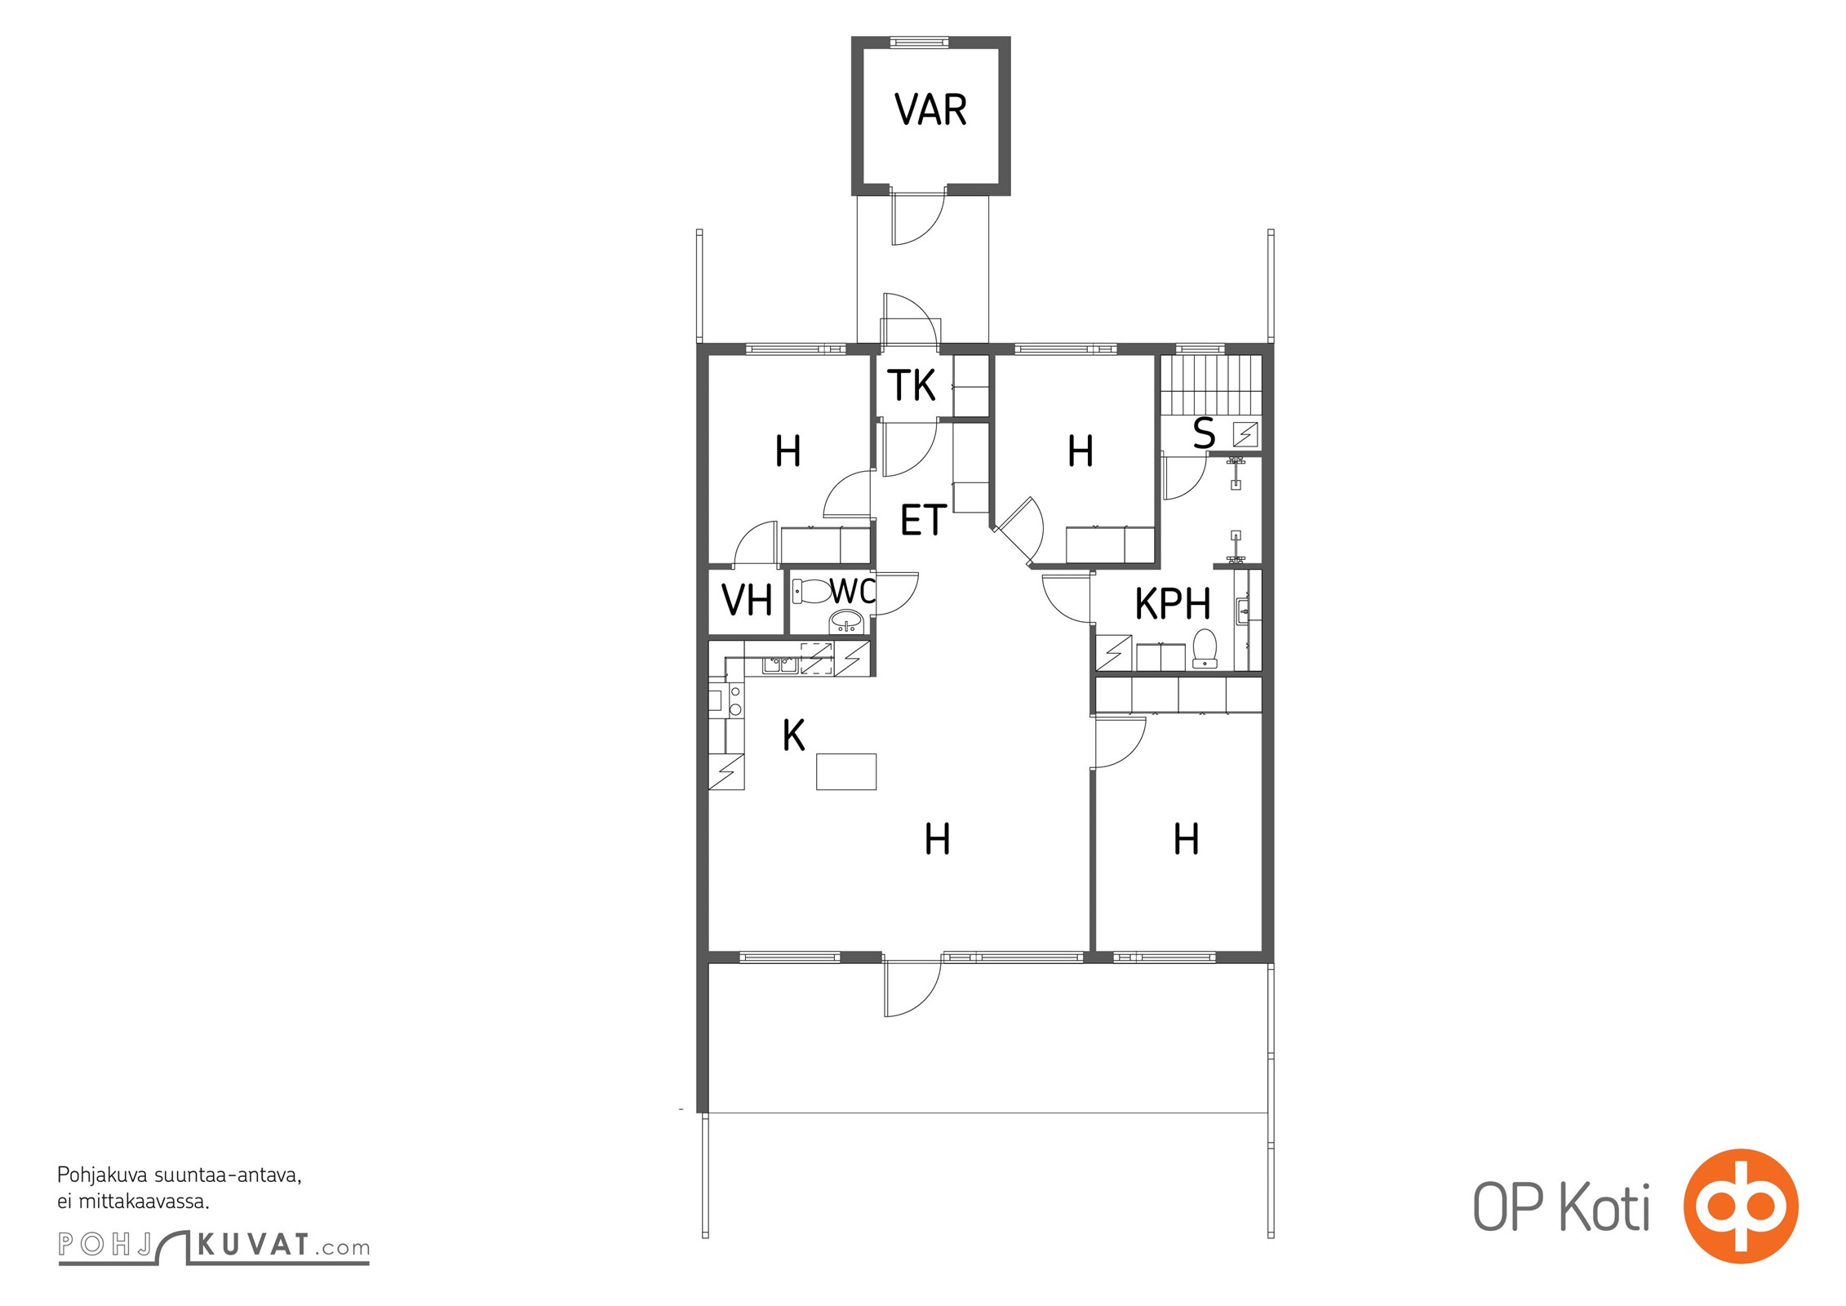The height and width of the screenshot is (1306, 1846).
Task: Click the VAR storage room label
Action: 930,109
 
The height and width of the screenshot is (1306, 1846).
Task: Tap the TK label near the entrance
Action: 912,385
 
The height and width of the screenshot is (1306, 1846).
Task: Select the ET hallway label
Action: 923,520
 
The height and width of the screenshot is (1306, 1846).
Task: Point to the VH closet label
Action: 747,601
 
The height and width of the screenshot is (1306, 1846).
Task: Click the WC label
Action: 853,590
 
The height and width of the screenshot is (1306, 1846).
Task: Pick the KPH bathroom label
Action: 1173,604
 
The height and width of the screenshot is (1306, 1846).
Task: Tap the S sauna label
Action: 1204,433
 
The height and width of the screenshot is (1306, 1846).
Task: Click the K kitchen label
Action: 793,735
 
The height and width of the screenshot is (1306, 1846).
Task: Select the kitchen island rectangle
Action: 846,771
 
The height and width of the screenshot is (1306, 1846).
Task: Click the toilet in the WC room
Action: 811,591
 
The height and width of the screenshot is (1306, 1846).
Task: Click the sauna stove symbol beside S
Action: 1245,433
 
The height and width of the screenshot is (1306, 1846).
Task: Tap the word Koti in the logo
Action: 1605,1206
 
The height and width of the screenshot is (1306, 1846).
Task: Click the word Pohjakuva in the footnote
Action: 103,1175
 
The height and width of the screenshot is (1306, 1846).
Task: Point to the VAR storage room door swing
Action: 919,219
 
